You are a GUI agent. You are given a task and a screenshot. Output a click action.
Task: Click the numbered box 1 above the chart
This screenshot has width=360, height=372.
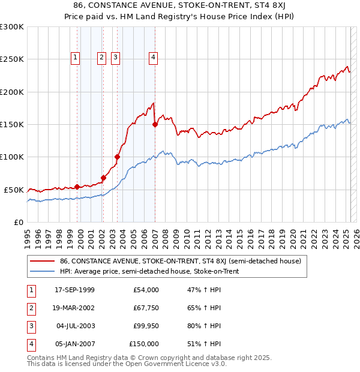[76, 58]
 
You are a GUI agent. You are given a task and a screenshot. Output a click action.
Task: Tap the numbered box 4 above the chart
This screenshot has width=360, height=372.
[154, 58]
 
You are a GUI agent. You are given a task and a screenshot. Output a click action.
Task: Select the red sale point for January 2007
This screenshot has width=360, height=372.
[155, 125]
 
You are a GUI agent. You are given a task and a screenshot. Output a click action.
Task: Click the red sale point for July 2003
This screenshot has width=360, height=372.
[118, 157]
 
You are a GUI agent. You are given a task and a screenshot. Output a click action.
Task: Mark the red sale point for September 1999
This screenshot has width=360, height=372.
[77, 187]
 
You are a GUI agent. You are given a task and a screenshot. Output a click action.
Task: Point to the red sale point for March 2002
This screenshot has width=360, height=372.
[103, 178]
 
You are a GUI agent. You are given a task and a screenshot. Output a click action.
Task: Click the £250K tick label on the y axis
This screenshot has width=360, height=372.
[11, 59]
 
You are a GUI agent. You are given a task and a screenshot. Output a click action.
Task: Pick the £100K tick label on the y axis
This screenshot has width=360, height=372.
[11, 157]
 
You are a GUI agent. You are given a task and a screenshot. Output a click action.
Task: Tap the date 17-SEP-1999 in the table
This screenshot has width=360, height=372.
[74, 290]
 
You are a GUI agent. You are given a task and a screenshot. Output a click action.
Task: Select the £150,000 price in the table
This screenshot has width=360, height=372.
[145, 344]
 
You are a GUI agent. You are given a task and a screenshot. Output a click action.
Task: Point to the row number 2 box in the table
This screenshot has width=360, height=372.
[31, 308]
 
